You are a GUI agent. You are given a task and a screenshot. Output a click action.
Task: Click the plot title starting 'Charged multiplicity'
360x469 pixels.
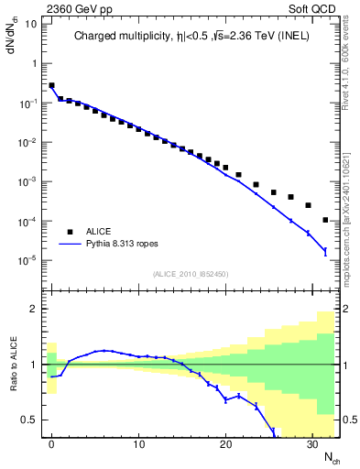point(192,37)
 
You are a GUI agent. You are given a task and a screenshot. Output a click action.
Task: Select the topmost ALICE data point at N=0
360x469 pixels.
point(52,85)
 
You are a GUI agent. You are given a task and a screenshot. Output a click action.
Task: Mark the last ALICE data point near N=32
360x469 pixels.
point(326,220)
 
